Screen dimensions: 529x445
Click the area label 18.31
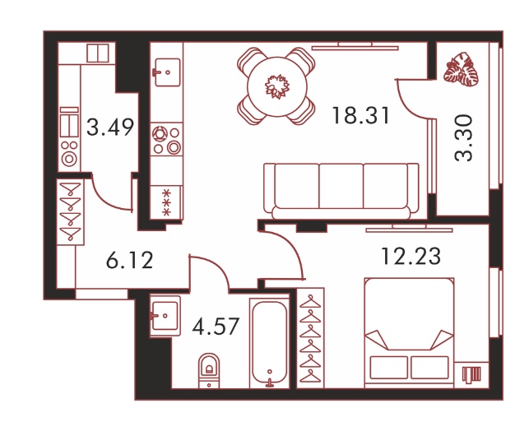(x=360, y=115)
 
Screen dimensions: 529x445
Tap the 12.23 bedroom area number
(x=411, y=257)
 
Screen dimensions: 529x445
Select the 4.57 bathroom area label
(x=216, y=327)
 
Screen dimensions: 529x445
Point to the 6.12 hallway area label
(x=129, y=260)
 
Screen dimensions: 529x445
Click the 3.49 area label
(x=110, y=127)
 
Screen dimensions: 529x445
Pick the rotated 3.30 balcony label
(x=463, y=138)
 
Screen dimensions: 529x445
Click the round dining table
(x=277, y=86)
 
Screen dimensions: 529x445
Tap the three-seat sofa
(x=341, y=192)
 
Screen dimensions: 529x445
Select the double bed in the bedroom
(x=409, y=332)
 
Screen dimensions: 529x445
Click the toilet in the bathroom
(x=209, y=370)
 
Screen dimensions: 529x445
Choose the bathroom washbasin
(x=165, y=316)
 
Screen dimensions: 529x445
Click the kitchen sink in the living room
(x=167, y=72)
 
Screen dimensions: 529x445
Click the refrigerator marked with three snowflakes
(x=166, y=202)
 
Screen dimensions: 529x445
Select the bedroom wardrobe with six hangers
(x=310, y=338)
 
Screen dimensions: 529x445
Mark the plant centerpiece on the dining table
(x=277, y=86)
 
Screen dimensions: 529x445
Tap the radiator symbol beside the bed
(x=471, y=375)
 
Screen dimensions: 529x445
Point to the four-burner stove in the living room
(x=166, y=140)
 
